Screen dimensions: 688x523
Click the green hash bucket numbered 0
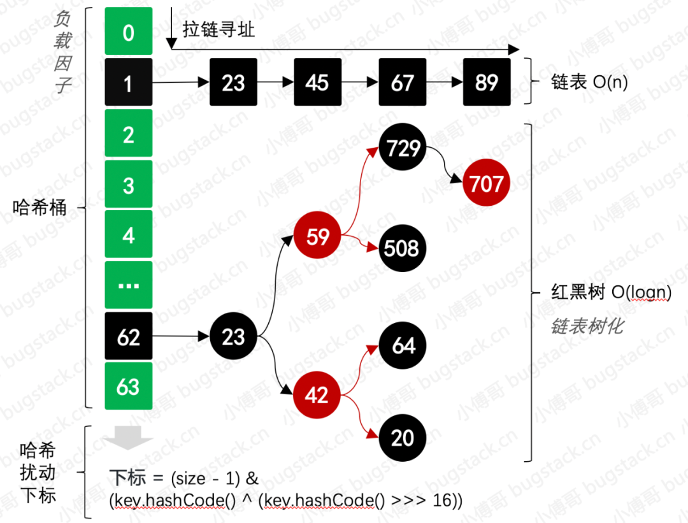pos(129,31)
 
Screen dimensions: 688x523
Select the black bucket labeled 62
pos(129,336)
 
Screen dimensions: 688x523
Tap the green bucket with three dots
pos(129,285)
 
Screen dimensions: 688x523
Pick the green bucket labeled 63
pos(129,386)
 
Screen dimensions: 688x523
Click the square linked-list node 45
pos(317,82)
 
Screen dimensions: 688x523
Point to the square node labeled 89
pos(487,82)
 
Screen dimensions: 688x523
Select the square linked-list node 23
pos(233,82)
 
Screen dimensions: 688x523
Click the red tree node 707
pos(487,183)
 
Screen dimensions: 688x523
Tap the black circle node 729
pos(403,148)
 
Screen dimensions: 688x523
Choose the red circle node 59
pos(317,236)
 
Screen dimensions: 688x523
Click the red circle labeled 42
pos(317,395)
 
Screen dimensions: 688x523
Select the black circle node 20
pos(403,438)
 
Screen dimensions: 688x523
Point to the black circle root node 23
pos(233,336)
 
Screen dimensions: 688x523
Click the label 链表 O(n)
pos(589,83)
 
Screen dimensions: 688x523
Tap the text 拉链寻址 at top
pos(218,29)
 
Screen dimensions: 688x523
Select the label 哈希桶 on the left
pos(39,208)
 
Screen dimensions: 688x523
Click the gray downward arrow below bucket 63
pos(129,438)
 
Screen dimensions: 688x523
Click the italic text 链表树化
pos(587,327)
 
